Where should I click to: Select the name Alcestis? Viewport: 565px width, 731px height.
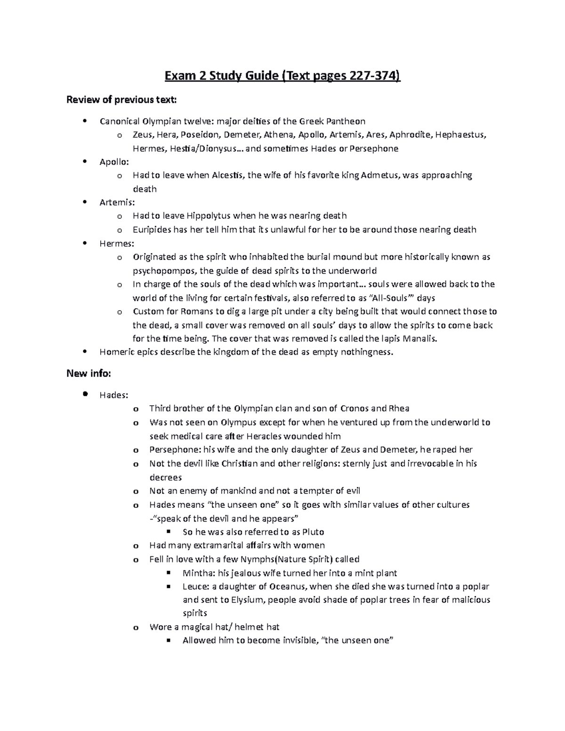[x=228, y=176]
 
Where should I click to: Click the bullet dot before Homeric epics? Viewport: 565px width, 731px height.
[x=85, y=351]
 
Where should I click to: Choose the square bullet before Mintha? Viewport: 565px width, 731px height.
[x=168, y=573]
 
